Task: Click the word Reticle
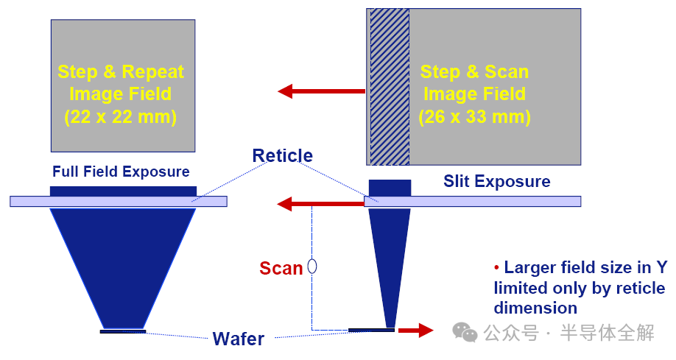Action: coord(282,156)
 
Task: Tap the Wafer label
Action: coord(238,339)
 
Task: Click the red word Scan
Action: coord(281,269)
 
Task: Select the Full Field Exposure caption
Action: coord(121,172)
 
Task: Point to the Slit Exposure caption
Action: coord(496,181)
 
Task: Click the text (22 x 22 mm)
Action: coord(121,116)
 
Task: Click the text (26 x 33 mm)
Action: coord(474,116)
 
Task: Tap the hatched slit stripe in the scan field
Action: coord(389,87)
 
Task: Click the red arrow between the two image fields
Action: coord(321,91)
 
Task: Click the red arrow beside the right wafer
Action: coord(415,331)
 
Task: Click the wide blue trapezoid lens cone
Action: coord(123,261)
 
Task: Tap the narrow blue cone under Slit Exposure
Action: coord(388,258)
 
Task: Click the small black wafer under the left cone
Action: coord(123,331)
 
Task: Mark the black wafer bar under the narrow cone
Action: coord(371,330)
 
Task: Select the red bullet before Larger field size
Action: coord(497,268)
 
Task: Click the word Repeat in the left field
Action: coord(153,72)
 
